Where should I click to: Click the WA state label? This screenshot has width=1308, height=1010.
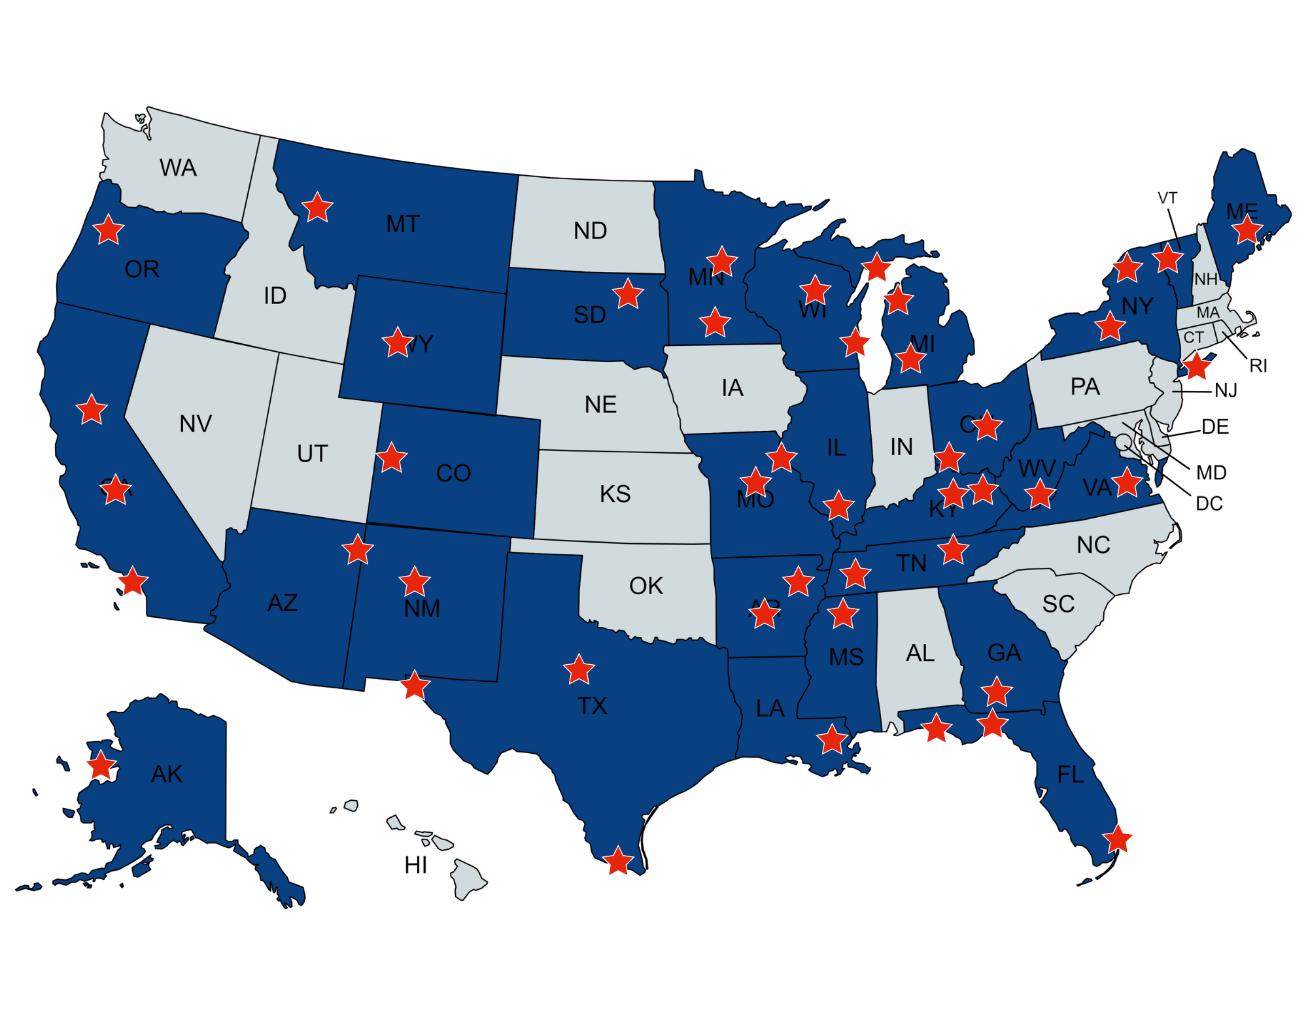point(178,168)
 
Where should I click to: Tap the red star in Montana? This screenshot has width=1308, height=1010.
point(318,208)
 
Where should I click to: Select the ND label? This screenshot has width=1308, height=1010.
point(590,231)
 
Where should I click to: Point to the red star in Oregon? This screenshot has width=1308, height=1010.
point(109,229)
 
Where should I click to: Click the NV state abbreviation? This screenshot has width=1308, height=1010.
point(196,424)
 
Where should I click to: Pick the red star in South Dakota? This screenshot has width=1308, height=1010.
point(628,294)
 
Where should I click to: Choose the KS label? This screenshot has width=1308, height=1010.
point(615,494)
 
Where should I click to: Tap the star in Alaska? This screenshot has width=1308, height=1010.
point(101,766)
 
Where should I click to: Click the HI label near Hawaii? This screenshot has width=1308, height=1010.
point(416,866)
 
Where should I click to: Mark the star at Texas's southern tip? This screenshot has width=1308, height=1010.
point(618,861)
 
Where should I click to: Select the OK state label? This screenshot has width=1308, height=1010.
point(646,586)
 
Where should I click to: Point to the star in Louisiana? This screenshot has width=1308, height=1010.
point(832,740)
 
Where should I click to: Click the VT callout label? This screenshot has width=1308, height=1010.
point(1167,198)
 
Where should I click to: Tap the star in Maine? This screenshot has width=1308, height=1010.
point(1247,229)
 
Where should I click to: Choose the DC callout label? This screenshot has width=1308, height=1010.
point(1209,504)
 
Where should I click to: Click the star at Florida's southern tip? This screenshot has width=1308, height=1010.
point(1117,839)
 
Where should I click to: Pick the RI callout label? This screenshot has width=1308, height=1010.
point(1258,366)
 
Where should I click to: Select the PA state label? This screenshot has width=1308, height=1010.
point(1085,387)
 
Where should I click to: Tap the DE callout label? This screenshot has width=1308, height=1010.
point(1215,428)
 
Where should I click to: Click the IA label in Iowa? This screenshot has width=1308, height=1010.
point(732,388)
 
